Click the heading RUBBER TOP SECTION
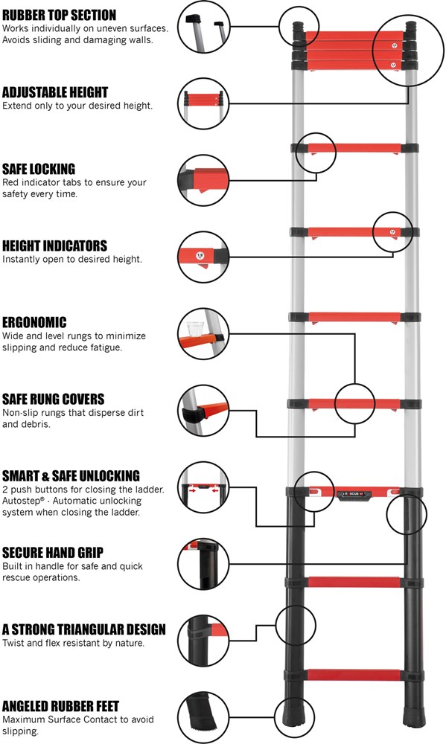(x=59, y=15)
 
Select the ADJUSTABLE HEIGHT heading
(x=55, y=92)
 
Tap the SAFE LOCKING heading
(x=39, y=169)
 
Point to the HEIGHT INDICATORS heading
(x=54, y=246)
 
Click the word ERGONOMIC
(x=34, y=323)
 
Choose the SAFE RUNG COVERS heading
(x=53, y=399)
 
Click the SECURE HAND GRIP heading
(x=53, y=553)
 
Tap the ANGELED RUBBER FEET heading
(x=60, y=706)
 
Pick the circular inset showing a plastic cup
(x=203, y=333)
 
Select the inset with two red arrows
(x=203, y=487)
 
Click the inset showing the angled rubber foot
(x=203, y=717)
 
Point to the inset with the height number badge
(x=203, y=257)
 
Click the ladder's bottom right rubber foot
(x=411, y=716)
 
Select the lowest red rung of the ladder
(x=354, y=675)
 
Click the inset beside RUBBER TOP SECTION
(x=203, y=27)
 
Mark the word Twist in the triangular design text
(x=13, y=643)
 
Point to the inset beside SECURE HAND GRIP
(x=203, y=564)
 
